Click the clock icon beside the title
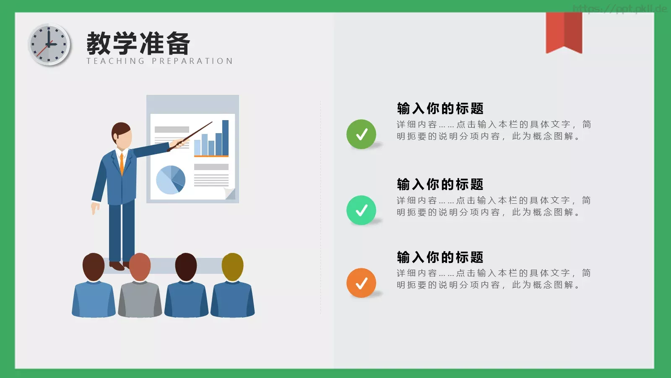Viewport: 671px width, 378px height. coord(49,45)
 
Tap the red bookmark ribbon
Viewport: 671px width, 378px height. coord(564,32)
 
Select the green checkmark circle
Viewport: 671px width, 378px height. coord(361,134)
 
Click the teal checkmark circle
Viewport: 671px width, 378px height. coord(361,210)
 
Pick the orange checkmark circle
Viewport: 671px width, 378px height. coord(361,283)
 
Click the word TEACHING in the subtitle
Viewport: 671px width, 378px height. coord(116,61)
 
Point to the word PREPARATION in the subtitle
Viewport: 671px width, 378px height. coord(192,61)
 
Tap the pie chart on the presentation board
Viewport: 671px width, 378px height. coord(171,180)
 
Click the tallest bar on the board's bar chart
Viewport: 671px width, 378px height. coord(225,138)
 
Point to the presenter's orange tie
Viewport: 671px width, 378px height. coord(122,164)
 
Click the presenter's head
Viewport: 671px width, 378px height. coord(122,135)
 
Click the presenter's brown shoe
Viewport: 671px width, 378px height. coord(117,266)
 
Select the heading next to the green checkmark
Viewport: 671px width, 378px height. coord(440,108)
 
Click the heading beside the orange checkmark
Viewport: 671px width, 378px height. coord(440,257)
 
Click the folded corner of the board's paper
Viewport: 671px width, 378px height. coord(230,194)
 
